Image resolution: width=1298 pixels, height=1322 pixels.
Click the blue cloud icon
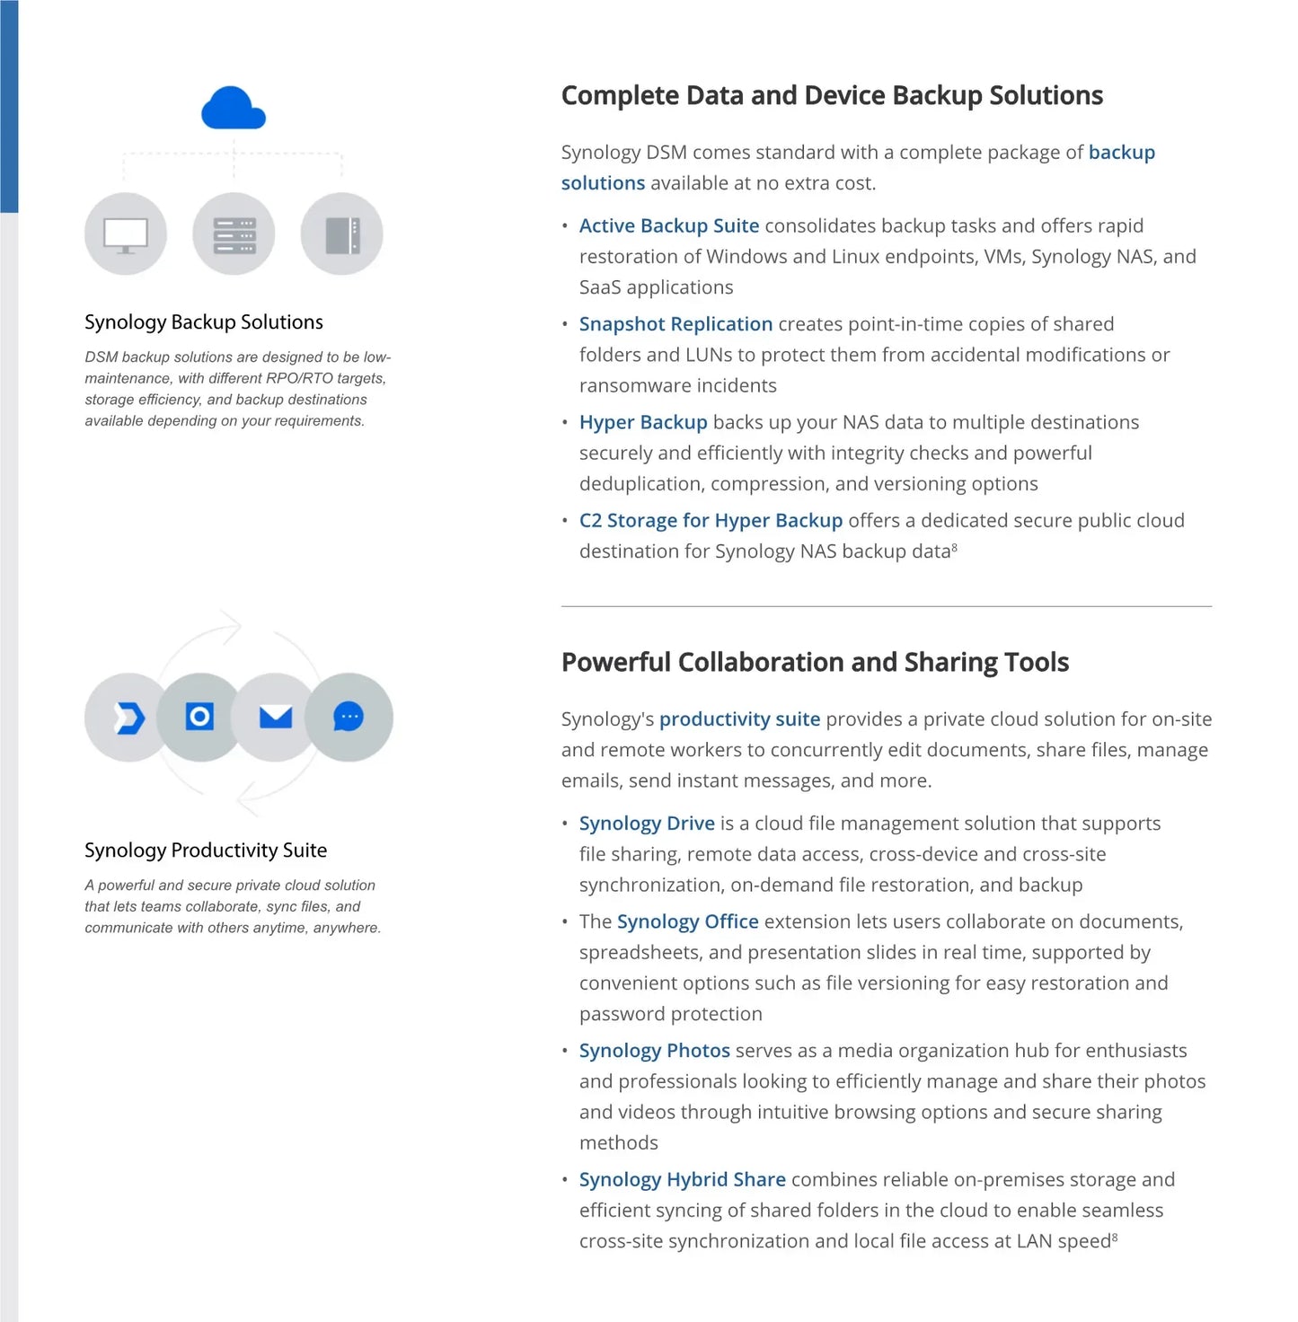[x=234, y=109]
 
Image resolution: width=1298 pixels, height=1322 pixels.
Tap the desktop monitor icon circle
[x=126, y=234]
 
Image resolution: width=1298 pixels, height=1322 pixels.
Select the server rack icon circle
[x=234, y=234]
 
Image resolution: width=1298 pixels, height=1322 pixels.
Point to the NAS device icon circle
[x=342, y=234]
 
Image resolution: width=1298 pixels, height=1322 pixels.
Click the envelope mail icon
[x=276, y=717]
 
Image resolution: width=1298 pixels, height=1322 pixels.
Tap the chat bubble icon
[x=349, y=717]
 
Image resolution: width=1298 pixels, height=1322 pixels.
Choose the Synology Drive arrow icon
[x=128, y=717]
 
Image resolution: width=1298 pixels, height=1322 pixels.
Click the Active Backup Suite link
[x=669, y=226]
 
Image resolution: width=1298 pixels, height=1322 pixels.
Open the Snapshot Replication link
[x=675, y=324]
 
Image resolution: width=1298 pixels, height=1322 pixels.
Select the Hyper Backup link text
[x=643, y=422]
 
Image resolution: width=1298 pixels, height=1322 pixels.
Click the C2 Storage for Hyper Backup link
[x=711, y=521]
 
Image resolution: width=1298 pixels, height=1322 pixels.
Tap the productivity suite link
[x=739, y=719]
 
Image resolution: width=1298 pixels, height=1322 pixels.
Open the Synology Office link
[x=687, y=922]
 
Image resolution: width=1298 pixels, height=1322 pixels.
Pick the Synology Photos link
[x=654, y=1051]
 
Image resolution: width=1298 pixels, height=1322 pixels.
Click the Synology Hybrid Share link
[x=682, y=1180]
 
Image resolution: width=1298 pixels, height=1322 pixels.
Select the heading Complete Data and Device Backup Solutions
[x=832, y=96]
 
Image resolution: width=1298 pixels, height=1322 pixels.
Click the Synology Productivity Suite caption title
[x=206, y=850]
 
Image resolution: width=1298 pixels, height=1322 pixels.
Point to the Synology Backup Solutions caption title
[x=204, y=322]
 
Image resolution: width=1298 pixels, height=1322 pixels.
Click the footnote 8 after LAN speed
[x=1115, y=1238]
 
